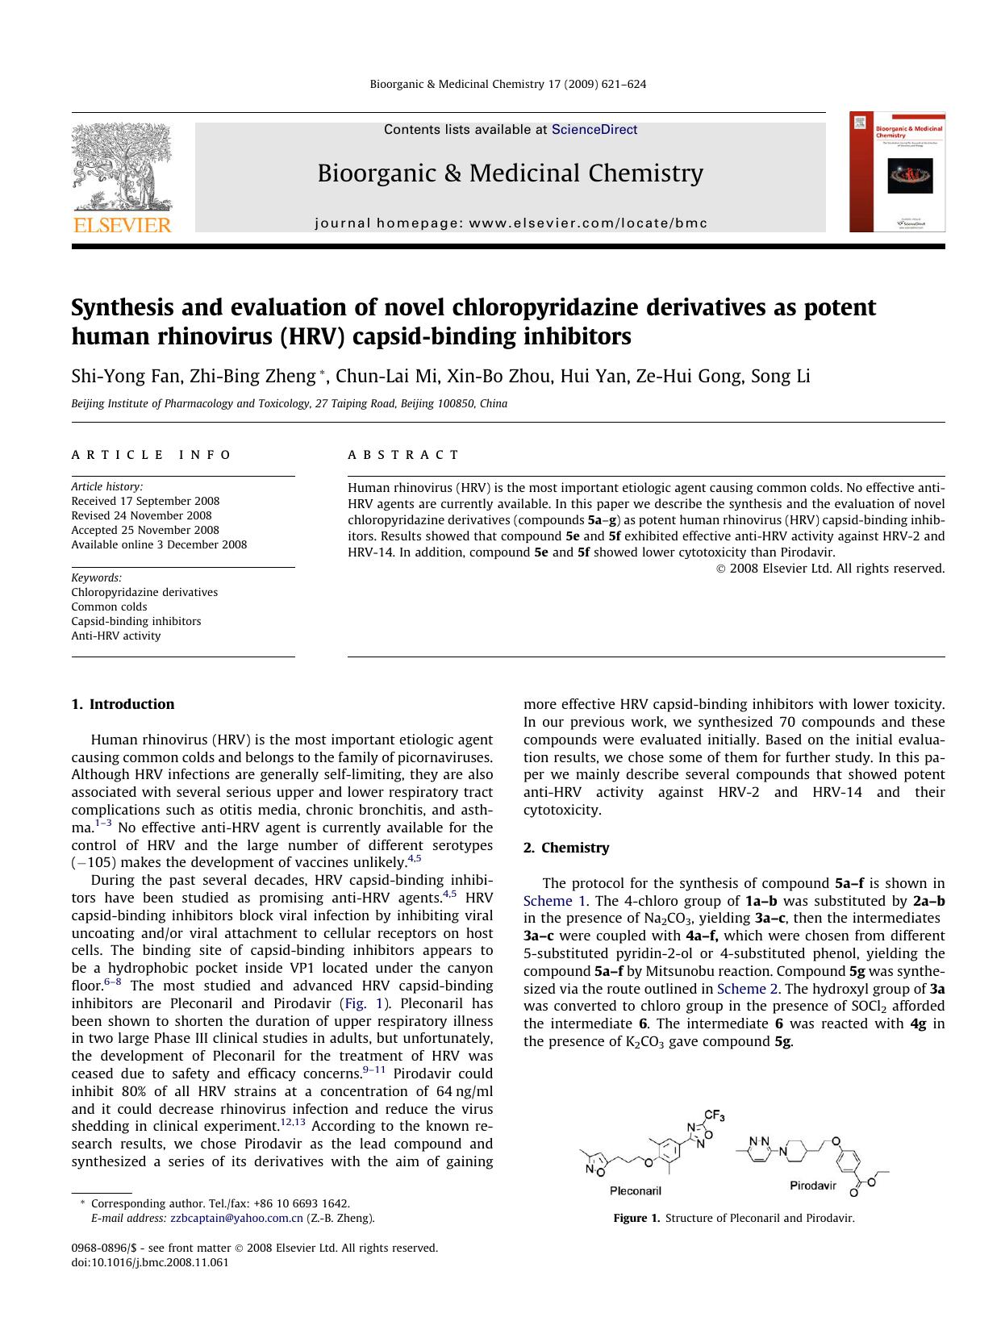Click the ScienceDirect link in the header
594,130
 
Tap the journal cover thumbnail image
897,172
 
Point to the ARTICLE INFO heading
152,455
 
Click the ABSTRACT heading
403,455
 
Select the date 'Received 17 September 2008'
145,501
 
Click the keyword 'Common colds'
109,607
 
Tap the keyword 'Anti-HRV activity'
115,636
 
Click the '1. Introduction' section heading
123,704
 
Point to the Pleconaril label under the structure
635,1190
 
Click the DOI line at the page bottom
150,1262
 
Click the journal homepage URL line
511,223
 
